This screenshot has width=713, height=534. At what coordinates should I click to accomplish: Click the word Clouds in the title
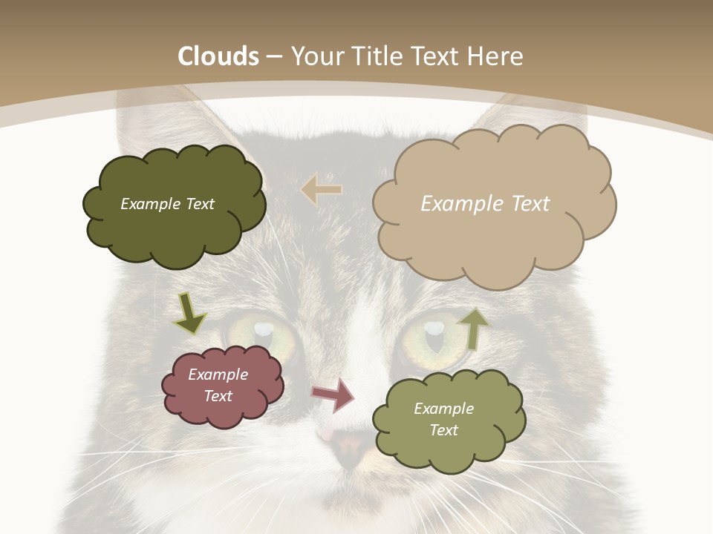218,56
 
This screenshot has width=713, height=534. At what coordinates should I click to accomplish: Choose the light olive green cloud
449,420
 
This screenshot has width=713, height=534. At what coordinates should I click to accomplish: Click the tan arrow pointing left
322,190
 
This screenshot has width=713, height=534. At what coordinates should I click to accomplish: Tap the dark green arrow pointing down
189,312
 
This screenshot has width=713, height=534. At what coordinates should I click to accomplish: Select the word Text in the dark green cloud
198,204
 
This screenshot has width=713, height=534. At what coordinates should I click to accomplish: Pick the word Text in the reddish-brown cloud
218,396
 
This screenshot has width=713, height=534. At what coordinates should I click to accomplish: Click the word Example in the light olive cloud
443,409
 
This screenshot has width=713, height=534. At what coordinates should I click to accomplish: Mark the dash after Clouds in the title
274,56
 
